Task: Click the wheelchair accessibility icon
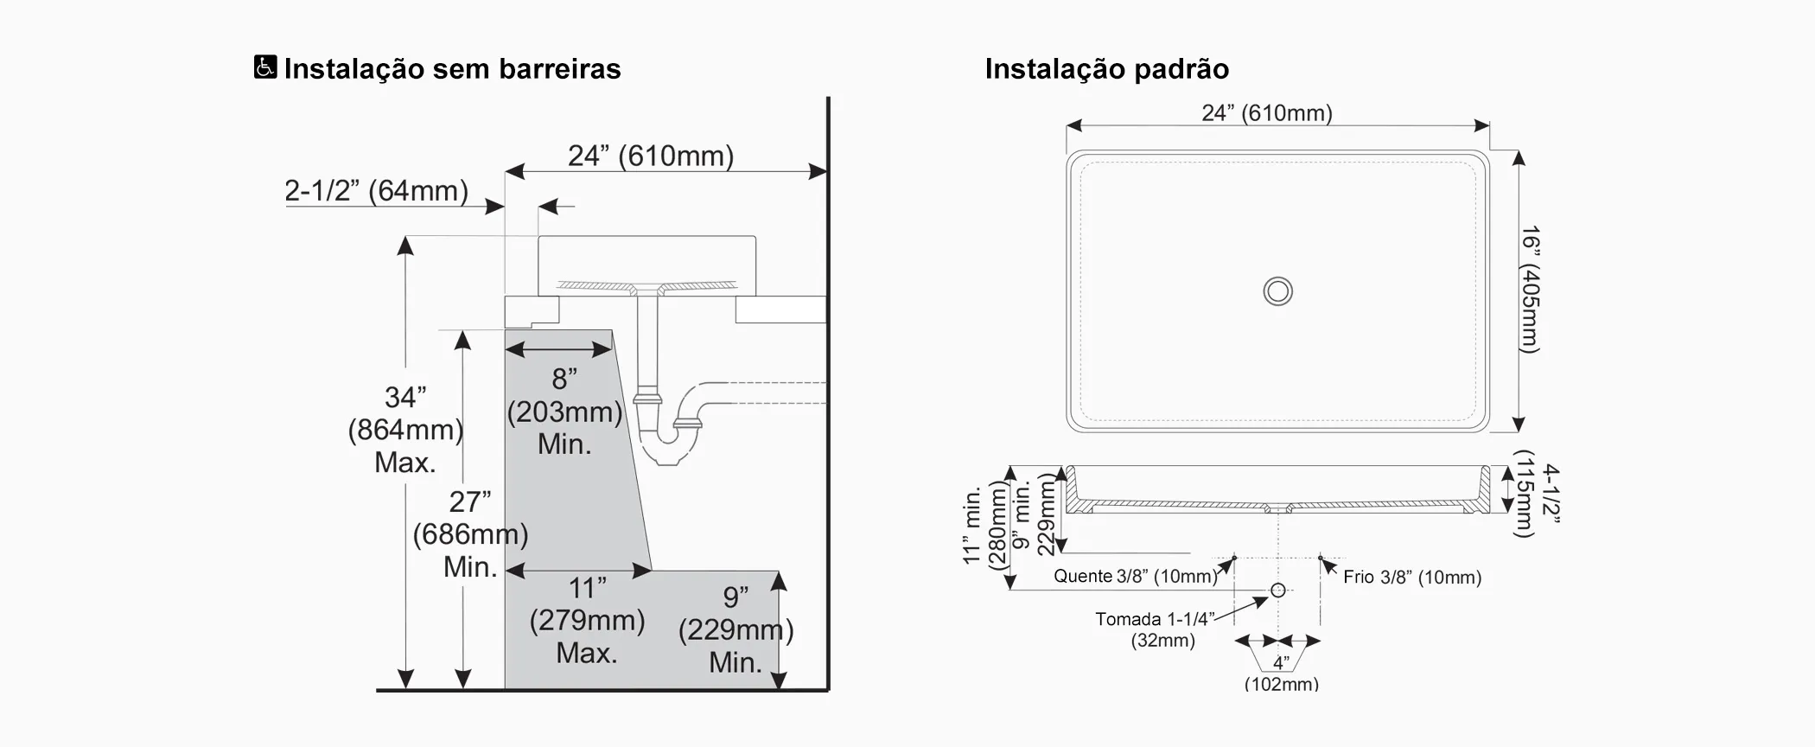(x=265, y=67)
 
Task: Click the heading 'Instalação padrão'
(x=1106, y=69)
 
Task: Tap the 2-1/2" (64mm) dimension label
(x=376, y=190)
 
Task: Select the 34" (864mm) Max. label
(x=404, y=430)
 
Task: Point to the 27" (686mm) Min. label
(x=469, y=533)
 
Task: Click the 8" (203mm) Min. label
(x=564, y=411)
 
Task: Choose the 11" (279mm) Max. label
(x=587, y=620)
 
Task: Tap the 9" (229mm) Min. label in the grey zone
(x=735, y=629)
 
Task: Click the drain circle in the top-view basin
(x=1277, y=291)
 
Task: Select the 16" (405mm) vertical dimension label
(x=1530, y=290)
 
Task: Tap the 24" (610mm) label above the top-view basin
(x=1266, y=113)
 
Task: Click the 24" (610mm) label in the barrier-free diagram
(x=650, y=156)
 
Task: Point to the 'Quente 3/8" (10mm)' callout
(x=1134, y=576)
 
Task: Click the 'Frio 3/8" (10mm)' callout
(x=1412, y=577)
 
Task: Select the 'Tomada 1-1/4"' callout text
(x=1154, y=619)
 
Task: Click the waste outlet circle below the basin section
(x=1277, y=590)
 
